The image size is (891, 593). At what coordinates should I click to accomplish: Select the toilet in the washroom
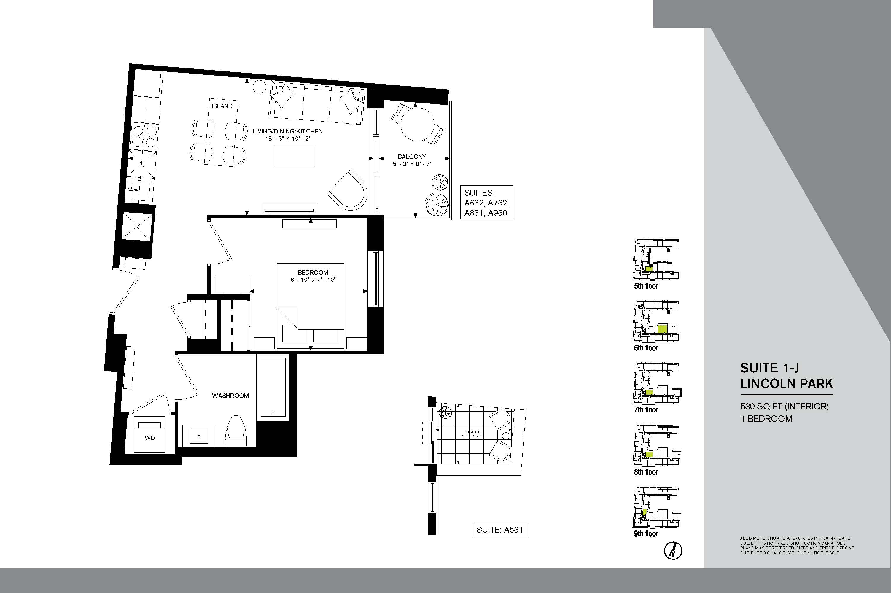coord(235,431)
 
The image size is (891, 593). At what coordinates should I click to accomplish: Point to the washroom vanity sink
coord(199,436)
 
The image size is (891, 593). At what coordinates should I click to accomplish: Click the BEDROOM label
coord(313,272)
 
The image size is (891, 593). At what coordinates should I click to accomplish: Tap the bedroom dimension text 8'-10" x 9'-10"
coord(313,280)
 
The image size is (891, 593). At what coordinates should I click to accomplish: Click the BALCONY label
coord(412,157)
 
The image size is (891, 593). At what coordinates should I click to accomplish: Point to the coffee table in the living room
coord(294,155)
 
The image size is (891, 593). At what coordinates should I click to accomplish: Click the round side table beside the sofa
coord(260,87)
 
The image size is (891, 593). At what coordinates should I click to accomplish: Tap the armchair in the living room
coord(347,191)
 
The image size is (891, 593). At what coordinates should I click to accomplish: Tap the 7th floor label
coord(646,409)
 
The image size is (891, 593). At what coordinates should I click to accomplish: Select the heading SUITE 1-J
coord(770,368)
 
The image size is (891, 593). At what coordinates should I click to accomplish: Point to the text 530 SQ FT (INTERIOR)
coord(784,406)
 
